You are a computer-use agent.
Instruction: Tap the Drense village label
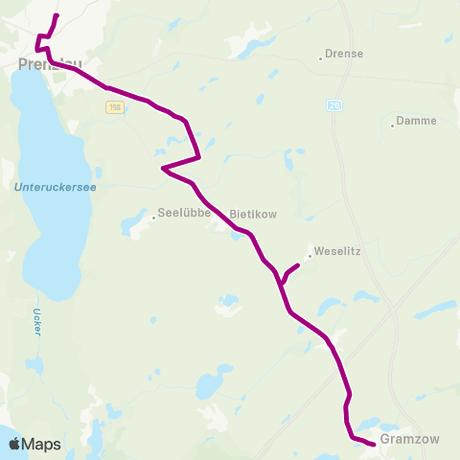tap(345, 55)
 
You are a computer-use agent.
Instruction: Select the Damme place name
tap(417, 121)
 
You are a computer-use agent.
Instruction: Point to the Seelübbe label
tap(184, 214)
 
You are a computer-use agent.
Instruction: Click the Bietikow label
tap(253, 214)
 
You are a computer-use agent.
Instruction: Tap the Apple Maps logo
tap(34, 444)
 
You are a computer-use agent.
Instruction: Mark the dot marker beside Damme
tap(393, 124)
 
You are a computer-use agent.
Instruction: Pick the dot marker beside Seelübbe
tap(153, 217)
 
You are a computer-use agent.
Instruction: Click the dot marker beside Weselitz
tap(310, 255)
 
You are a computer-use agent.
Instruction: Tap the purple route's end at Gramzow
tap(374, 443)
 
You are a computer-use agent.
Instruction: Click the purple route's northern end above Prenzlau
tap(57, 16)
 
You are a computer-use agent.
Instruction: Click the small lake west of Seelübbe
tap(129, 227)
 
